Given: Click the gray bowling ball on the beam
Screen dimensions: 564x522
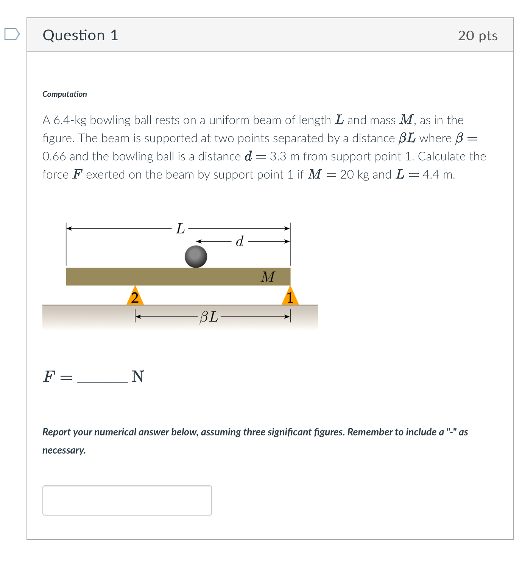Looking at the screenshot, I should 196,257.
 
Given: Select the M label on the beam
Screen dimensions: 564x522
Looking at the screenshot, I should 268,277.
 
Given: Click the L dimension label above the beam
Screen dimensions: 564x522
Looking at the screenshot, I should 180,229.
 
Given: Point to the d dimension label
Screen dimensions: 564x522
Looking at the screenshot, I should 240,241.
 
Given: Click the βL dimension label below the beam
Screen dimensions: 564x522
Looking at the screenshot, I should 209,317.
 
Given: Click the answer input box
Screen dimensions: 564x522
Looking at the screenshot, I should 127,500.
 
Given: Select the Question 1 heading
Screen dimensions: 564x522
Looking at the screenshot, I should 80,35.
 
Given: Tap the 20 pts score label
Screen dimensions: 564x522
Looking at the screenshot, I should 477,36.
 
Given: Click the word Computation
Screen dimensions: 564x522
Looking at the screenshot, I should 65,94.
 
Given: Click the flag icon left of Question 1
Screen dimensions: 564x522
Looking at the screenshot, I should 12,34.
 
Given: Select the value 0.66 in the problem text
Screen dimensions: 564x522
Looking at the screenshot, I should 54,157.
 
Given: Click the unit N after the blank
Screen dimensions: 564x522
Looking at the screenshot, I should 138,377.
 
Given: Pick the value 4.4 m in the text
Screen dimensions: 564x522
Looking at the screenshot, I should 438,175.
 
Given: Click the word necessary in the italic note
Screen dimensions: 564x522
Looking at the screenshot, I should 64,450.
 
